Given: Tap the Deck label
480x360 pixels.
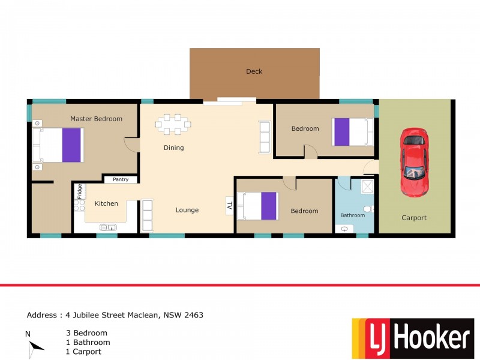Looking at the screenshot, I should [254, 71].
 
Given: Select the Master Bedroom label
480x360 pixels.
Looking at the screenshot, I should [96, 119].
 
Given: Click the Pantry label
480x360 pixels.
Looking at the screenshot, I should [121, 179].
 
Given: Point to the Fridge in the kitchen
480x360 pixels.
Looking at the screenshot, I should [79, 191].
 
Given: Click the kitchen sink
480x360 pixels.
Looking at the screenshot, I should [108, 227].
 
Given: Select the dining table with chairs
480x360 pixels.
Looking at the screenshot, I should [173, 124].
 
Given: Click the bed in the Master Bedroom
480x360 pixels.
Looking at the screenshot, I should [60, 145].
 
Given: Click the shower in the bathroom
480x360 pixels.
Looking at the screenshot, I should [367, 187].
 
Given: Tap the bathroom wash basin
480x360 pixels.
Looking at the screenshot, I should [345, 229].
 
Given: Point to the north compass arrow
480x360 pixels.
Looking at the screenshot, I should [35, 346].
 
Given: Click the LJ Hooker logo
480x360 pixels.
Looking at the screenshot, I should [412, 338].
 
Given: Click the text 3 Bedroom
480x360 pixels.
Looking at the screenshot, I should [86, 333].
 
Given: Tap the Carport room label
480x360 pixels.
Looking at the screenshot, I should [414, 218].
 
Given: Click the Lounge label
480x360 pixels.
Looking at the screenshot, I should [187, 210].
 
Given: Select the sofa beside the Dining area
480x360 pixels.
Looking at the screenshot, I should [264, 137].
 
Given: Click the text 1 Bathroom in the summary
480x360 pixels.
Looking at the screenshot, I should [88, 343].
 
